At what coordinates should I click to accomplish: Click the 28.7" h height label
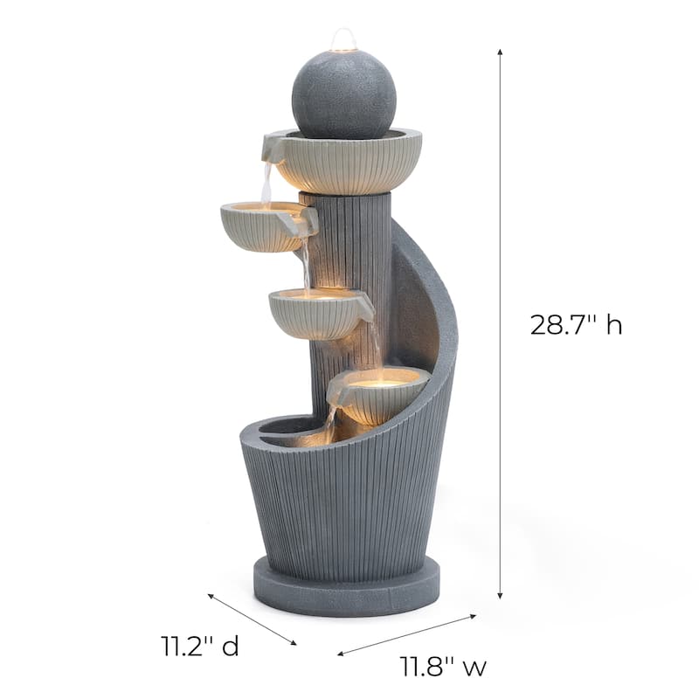click(x=576, y=325)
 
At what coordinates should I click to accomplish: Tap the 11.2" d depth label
click(x=199, y=647)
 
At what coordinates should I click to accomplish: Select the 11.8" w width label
click(x=444, y=668)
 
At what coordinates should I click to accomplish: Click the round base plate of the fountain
click(x=346, y=588)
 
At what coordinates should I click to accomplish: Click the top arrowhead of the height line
click(x=500, y=52)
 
